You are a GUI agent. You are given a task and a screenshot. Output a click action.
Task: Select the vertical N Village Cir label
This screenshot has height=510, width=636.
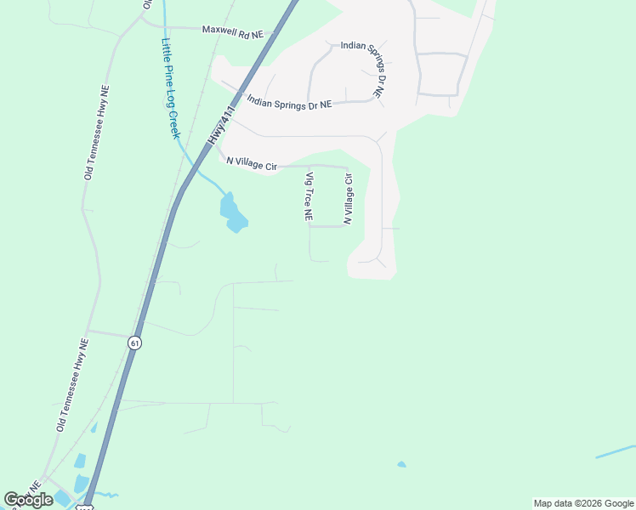coord(347,199)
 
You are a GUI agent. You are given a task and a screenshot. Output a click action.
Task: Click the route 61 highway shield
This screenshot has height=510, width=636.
coord(134,343)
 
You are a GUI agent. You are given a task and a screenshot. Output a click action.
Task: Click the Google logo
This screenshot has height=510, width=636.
coord(28,499)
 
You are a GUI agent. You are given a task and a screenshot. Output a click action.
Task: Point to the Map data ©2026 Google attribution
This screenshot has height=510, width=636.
coord(583,503)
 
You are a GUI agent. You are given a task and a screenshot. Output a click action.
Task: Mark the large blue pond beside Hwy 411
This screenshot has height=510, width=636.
coord(231,213)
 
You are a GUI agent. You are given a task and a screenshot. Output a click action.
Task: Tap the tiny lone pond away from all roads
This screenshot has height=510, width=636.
coord(401,464)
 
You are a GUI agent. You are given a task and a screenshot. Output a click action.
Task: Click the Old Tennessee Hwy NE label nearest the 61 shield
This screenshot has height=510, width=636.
coord(72,385)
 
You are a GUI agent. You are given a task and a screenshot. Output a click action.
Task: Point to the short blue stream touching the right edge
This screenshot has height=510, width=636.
coord(616,451)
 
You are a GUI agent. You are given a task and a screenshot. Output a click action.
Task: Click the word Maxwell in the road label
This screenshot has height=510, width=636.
coord(219,31)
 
